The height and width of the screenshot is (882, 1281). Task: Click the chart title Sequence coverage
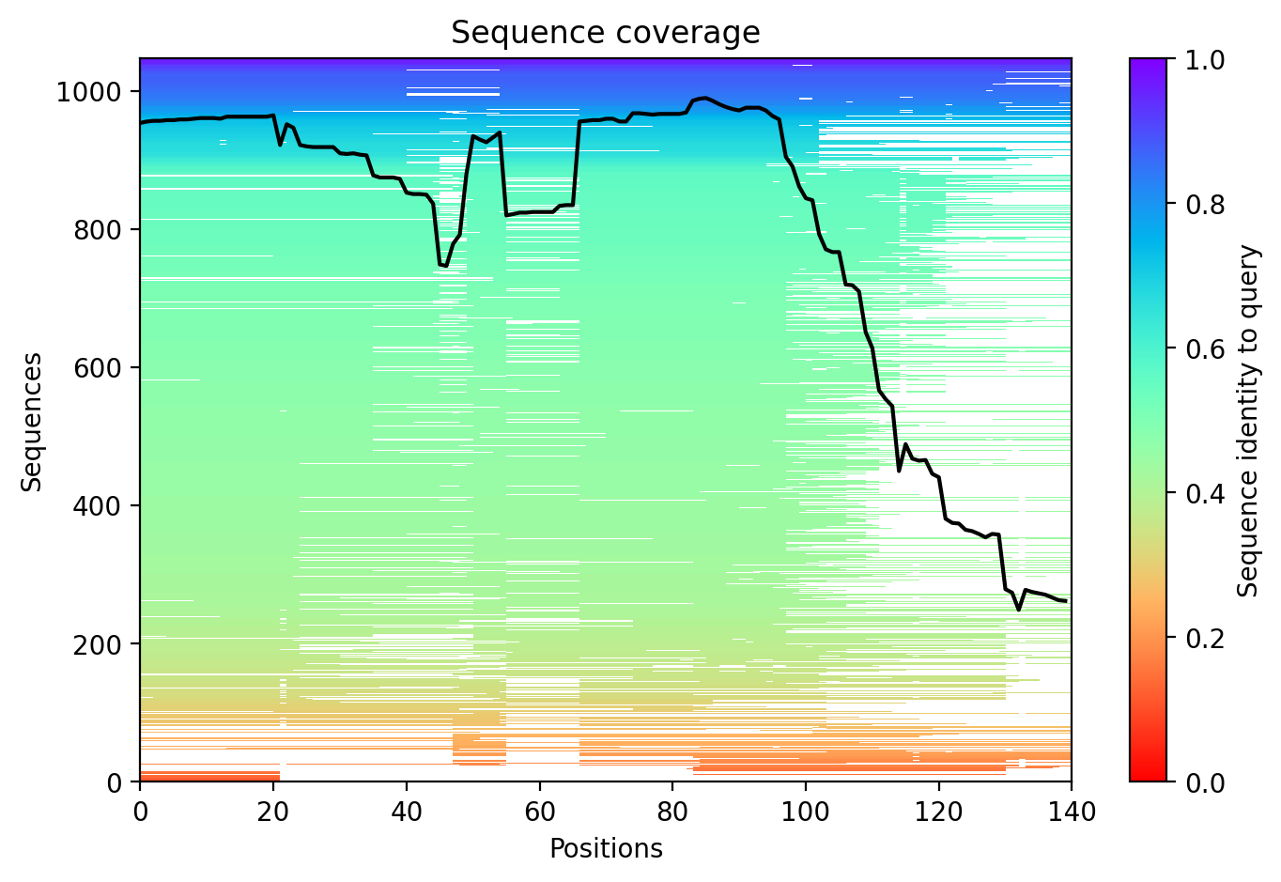coord(606,33)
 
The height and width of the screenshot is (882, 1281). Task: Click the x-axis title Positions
coord(606,849)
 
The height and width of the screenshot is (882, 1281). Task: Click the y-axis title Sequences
coord(33,421)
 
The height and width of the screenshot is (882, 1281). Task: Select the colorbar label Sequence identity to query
coord(1247,421)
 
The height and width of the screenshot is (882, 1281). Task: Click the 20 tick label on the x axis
coord(273,812)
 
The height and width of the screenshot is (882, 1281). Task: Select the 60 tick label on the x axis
coord(539,812)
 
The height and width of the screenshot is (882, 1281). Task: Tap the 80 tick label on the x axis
coord(672,812)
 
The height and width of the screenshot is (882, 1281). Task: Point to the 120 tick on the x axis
coord(938,812)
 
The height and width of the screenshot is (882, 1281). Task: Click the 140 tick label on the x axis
coord(1072,812)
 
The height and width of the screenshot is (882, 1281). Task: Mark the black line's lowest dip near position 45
coord(443,266)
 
